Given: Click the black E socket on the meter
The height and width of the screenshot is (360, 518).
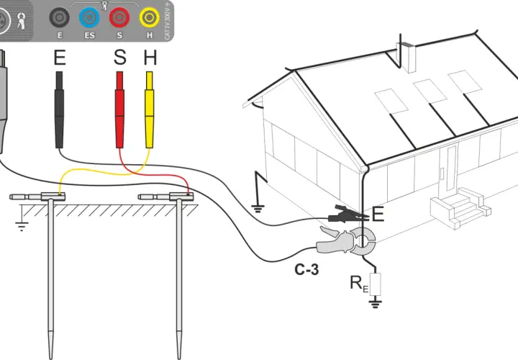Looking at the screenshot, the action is click(60, 17).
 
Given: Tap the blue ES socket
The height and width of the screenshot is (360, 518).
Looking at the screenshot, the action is click(89, 17).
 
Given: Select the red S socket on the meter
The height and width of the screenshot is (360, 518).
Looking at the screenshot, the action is click(119, 17).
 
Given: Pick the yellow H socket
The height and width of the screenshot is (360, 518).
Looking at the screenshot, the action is click(150, 17).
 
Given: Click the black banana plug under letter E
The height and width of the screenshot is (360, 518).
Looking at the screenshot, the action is click(59, 109).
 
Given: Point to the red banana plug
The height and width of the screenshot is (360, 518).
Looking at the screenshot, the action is click(119, 109).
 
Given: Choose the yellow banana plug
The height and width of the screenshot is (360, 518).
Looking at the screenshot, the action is click(150, 109).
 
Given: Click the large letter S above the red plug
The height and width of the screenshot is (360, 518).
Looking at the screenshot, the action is click(119, 57).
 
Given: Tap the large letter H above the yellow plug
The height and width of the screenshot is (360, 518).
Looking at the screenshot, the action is click(150, 57).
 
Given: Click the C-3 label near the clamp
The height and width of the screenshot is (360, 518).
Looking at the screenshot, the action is click(306, 270).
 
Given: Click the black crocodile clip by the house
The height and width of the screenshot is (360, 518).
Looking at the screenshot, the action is click(348, 214).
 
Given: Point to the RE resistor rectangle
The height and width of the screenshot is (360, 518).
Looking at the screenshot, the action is click(375, 284).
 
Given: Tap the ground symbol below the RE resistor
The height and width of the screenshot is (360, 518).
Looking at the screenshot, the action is click(375, 302).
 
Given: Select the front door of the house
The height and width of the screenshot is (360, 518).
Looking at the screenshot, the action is click(450, 169).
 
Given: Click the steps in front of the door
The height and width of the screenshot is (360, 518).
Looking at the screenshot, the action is click(460, 208).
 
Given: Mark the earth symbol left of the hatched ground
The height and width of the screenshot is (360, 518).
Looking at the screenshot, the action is click(22, 220).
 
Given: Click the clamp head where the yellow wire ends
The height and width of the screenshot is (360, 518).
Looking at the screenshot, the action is click(53, 197).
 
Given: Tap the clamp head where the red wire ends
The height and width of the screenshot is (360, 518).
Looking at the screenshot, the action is click(181, 197).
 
